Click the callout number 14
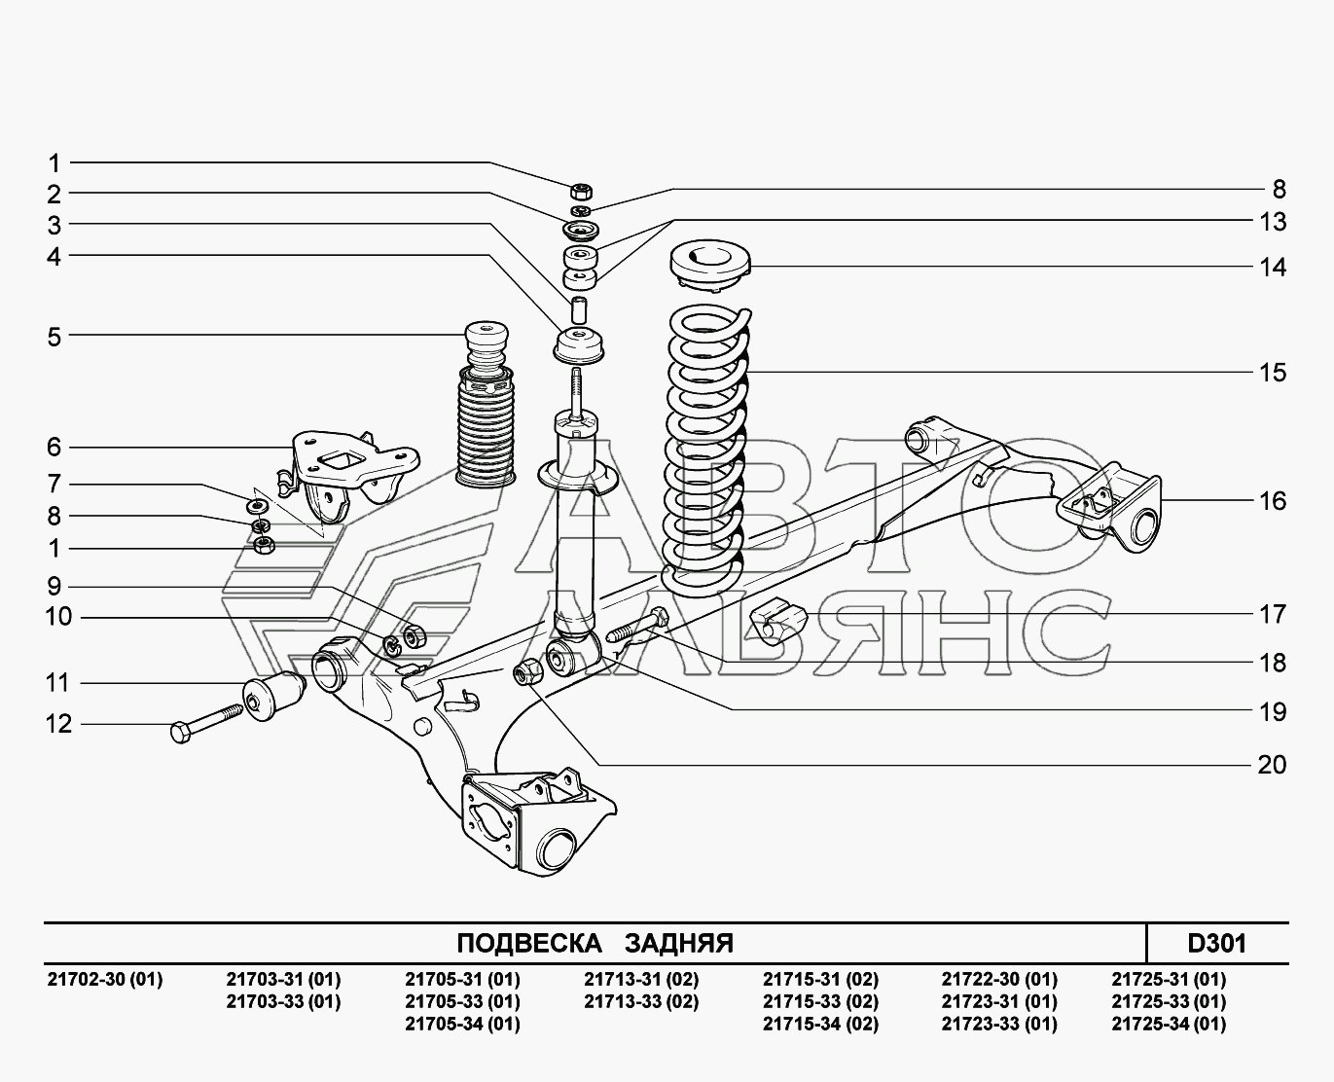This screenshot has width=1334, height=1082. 1273,268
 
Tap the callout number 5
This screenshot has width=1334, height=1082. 54,337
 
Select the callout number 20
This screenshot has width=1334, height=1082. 1272,765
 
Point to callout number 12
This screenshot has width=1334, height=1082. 58,724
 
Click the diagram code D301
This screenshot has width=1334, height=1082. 1217,944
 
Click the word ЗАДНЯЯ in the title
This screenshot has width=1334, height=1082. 679,944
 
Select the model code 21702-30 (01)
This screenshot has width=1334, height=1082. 104,979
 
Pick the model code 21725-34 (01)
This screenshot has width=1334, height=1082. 1169,1025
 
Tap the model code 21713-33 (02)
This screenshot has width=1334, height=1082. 641,1002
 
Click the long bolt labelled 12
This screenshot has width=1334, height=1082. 206,723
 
